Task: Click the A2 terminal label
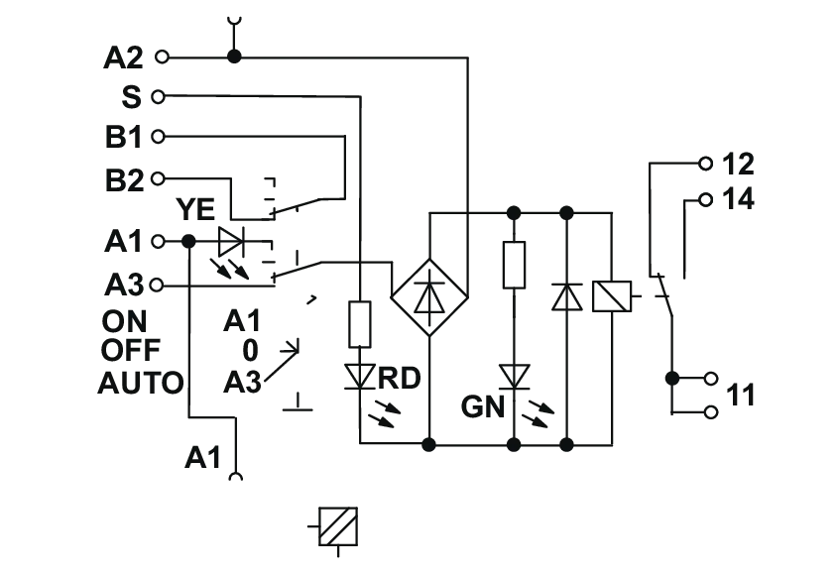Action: click(123, 57)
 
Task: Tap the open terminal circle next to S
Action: click(158, 97)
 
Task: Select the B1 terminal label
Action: click(124, 137)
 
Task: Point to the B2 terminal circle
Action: click(158, 178)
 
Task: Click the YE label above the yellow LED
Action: click(195, 209)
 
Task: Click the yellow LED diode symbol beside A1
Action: click(231, 242)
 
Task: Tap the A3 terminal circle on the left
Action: click(157, 286)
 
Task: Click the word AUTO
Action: click(141, 384)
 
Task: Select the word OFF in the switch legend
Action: click(130, 350)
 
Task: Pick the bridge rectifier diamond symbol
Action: click(429, 296)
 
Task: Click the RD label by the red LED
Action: click(399, 379)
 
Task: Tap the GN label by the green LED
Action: click(483, 406)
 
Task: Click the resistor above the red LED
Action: click(360, 324)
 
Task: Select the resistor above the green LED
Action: click(514, 265)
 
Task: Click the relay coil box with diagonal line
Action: click(612, 296)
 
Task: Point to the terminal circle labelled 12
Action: click(706, 164)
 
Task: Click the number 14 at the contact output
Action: click(738, 199)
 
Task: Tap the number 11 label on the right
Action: click(740, 396)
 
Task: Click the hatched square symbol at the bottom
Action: click(338, 526)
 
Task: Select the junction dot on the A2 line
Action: click(234, 57)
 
